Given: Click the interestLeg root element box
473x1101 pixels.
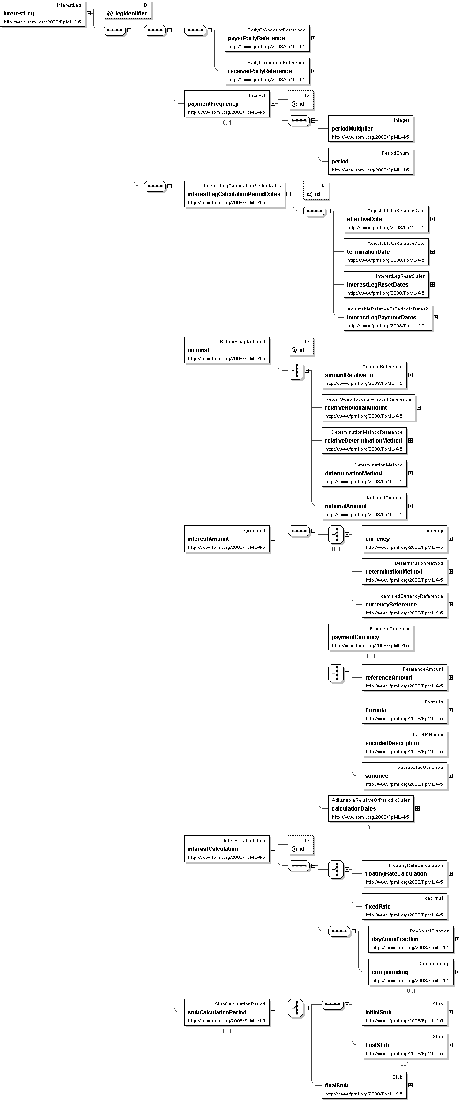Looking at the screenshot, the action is pos(43,14).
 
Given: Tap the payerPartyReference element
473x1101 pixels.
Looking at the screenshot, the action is pos(267,38).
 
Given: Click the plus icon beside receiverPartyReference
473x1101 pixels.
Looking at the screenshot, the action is pos(314,71).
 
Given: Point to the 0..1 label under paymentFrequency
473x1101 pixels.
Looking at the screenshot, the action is pos(227,123).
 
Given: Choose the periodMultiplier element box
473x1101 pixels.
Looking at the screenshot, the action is pos(371,128).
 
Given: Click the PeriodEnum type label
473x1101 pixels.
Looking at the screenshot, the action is pos(395,153).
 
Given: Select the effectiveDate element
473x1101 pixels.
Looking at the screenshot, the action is pos(386,219).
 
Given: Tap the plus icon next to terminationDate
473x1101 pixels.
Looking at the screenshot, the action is pos(432,252).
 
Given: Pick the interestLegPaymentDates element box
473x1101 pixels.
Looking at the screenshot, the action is pos(388,317).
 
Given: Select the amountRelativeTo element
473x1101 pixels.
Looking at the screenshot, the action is pos(364,375).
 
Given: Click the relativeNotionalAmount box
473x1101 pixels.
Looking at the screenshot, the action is pos(368,407).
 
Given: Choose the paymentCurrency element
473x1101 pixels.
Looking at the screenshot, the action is pos(371,637).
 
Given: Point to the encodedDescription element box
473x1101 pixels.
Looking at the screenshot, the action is pos(405,743).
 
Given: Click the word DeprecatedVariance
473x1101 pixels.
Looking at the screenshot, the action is pos(420,768).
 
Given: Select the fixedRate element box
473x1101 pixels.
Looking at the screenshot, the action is pos(405,906).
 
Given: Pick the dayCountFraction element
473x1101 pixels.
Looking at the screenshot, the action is pos(411,939).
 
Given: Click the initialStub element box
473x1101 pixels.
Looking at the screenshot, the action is pos(405,1012).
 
